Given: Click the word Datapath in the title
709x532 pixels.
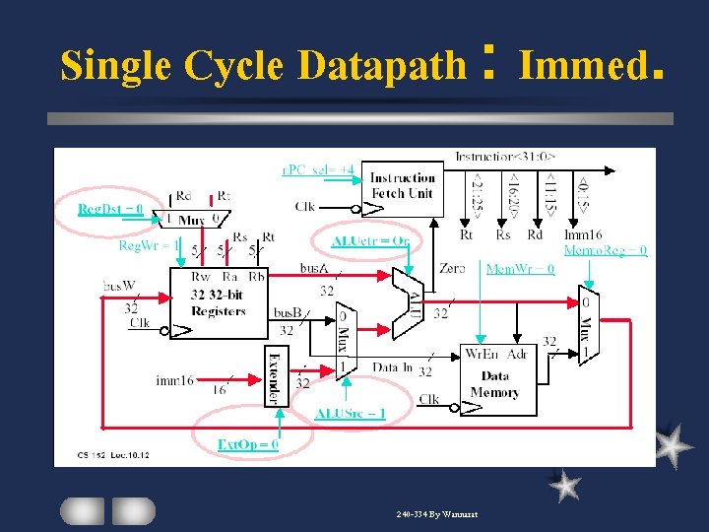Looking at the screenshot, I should (x=381, y=66).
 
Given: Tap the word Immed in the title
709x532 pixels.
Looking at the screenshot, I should (x=576, y=66).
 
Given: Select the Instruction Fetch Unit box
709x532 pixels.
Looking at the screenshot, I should (x=402, y=187).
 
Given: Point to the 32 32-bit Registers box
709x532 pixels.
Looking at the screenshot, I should (x=218, y=300).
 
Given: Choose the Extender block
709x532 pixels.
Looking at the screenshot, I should (x=273, y=375).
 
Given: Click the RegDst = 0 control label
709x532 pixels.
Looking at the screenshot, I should (x=110, y=209).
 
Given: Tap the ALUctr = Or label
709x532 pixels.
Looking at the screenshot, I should (x=370, y=241).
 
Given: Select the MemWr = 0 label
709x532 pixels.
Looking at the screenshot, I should (x=520, y=268).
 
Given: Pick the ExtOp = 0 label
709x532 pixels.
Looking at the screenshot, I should (x=247, y=444).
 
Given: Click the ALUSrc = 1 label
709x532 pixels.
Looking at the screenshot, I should (x=350, y=414).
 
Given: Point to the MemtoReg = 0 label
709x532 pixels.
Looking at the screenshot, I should (x=605, y=250).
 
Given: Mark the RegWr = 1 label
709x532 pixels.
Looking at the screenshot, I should (x=149, y=245).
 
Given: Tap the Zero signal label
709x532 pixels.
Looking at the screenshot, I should (x=452, y=268).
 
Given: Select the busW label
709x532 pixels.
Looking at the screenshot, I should (x=118, y=286).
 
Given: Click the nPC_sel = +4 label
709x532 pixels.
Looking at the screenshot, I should (x=317, y=169).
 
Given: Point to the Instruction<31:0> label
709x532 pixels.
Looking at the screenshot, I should (x=504, y=156).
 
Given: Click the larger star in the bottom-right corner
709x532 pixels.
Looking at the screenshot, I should (x=672, y=445).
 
